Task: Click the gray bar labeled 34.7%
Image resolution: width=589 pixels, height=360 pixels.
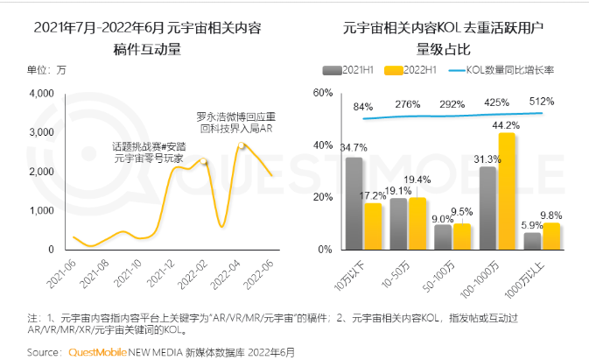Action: [354, 203]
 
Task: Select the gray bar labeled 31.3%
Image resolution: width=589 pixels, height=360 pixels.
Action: [487, 208]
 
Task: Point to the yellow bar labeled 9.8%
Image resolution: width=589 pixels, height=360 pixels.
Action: [551, 236]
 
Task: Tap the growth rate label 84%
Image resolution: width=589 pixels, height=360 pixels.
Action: [363, 107]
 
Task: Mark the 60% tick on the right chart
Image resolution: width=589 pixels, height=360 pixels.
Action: [322, 93]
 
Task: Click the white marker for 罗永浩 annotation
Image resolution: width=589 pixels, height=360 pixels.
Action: [242, 145]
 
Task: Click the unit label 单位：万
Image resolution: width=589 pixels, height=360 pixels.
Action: [46, 69]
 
